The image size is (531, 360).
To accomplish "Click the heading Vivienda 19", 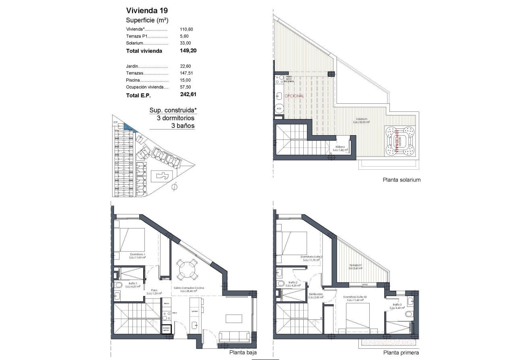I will (x=145, y=10).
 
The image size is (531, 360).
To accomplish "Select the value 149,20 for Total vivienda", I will (x=188, y=51).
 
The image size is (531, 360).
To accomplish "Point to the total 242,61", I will (x=188, y=95).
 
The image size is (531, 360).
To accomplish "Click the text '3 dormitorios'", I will (x=176, y=118).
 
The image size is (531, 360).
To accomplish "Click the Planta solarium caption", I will (x=401, y=180).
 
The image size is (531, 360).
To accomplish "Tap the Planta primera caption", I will (x=401, y=353).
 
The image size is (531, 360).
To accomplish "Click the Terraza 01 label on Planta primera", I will (x=356, y=266).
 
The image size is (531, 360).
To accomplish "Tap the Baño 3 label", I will (x=397, y=305).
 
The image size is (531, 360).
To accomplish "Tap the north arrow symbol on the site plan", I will (x=174, y=186).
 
